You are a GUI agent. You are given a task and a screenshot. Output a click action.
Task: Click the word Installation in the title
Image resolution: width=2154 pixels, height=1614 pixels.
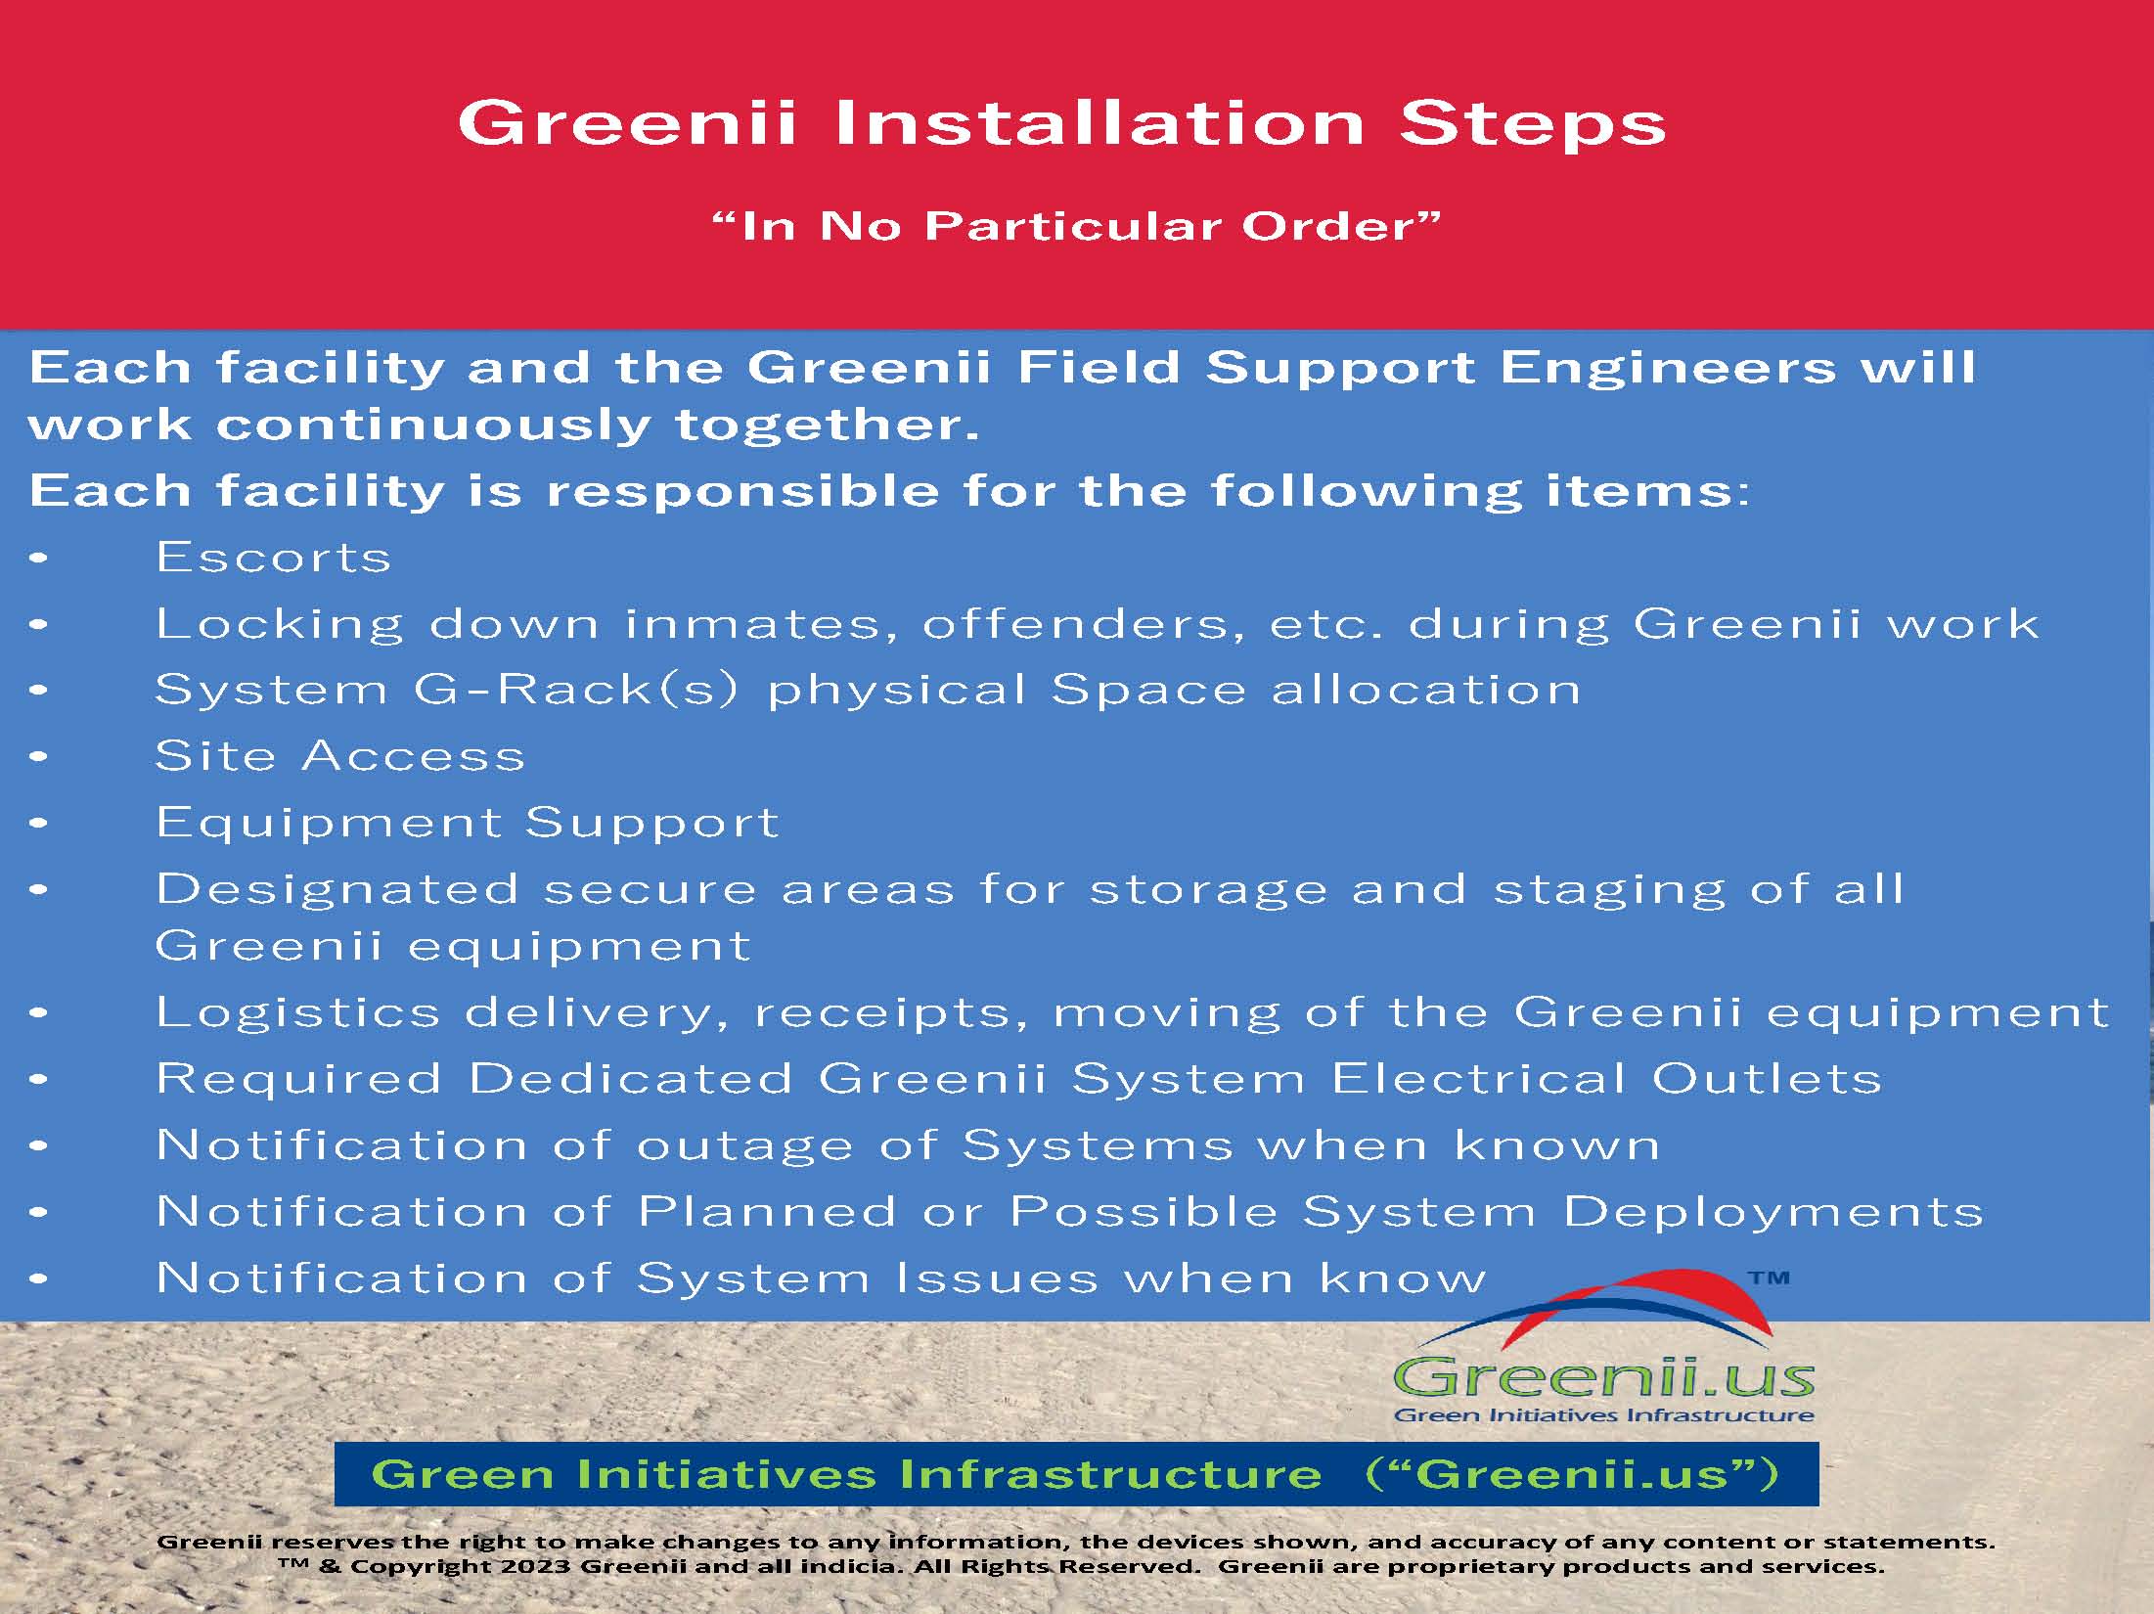click(1099, 123)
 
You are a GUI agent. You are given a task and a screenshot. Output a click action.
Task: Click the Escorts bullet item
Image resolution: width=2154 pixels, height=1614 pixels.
click(273, 558)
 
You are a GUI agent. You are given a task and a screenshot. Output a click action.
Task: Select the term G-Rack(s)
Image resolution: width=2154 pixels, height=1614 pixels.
click(576, 691)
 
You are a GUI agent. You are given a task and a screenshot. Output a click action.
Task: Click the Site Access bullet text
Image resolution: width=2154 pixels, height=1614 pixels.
click(339, 756)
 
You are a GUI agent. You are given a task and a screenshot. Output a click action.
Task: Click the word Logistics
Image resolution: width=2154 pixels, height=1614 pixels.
click(298, 1013)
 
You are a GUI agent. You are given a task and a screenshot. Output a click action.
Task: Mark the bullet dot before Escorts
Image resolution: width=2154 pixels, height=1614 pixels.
click(39, 559)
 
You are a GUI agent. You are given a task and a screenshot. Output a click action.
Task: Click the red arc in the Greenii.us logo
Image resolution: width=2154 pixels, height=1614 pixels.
click(1663, 1301)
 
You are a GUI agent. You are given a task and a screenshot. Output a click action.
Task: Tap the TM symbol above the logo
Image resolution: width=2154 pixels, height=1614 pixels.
click(1769, 1278)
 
